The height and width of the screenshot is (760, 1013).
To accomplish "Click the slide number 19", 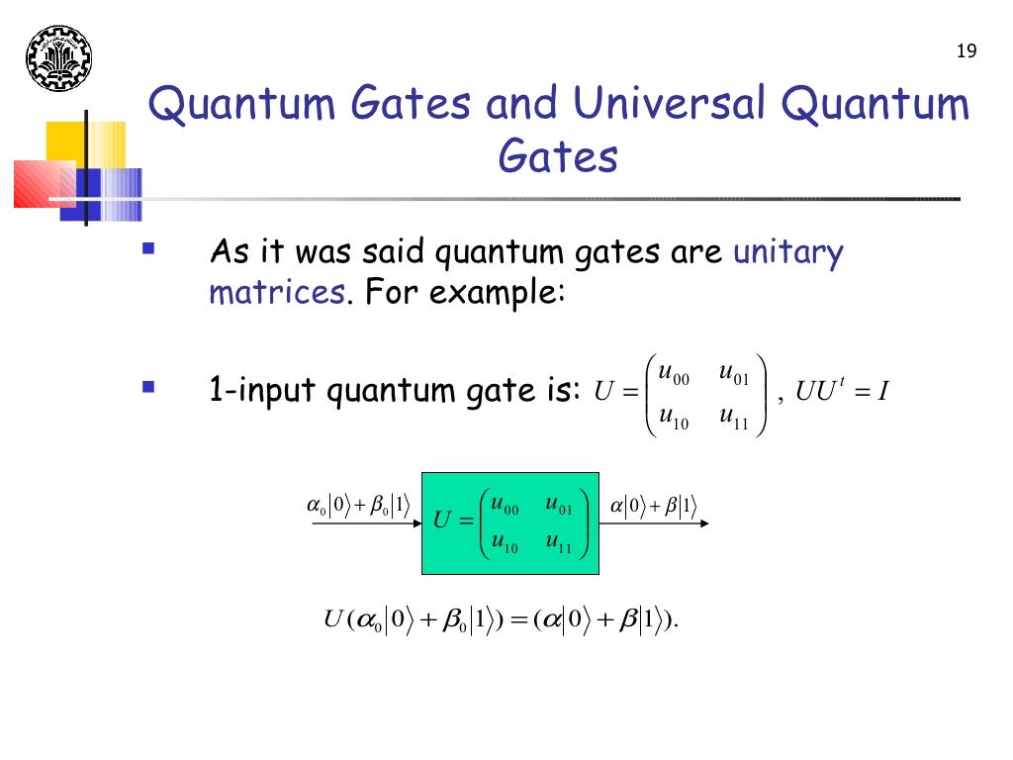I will [967, 51].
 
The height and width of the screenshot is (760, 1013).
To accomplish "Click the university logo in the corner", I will [57, 58].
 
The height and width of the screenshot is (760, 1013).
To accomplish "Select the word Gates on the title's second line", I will [558, 156].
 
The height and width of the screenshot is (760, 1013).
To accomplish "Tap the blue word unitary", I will [787, 253].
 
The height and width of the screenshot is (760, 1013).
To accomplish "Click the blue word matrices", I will [276, 293].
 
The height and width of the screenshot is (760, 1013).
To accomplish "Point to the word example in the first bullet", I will [498, 293].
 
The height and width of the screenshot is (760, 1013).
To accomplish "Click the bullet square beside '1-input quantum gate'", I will [148, 385].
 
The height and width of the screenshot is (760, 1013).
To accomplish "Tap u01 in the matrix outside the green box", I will [734, 375].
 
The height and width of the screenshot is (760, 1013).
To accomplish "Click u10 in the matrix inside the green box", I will [505, 543].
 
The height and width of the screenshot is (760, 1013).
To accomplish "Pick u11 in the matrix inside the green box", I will [559, 543].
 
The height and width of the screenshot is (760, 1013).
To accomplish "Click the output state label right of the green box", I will [653, 507].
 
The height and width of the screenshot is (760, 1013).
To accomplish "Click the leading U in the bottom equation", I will [333, 620].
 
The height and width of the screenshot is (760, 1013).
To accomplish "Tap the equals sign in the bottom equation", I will [518, 621].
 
